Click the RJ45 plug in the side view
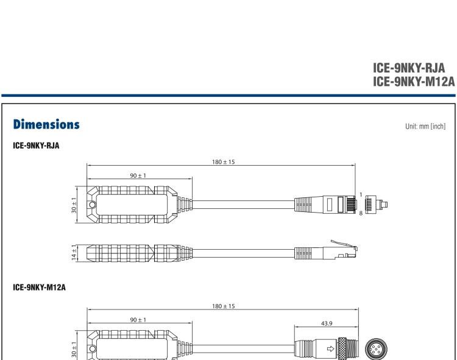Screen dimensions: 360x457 pyautogui.click(x=344, y=249)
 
